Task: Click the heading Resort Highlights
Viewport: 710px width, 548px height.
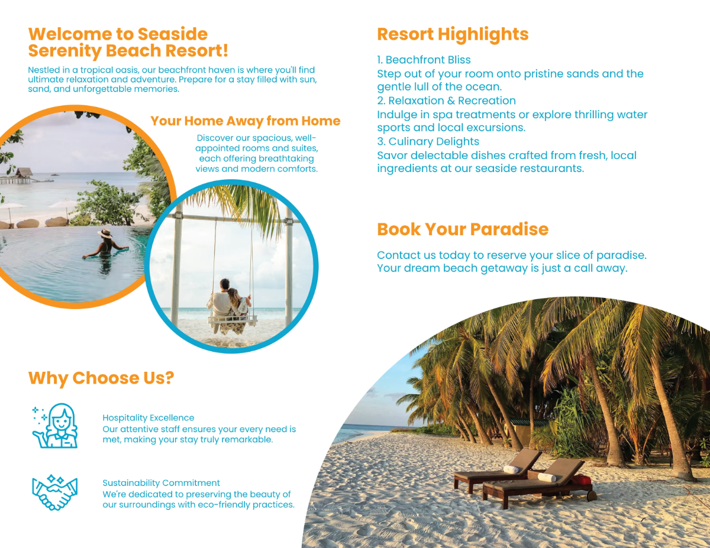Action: (453, 34)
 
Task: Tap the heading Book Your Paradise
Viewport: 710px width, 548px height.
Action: (463, 229)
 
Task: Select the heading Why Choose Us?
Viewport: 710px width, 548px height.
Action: (101, 378)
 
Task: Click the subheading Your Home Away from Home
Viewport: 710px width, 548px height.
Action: (246, 121)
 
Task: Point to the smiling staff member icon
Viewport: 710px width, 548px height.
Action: (55, 426)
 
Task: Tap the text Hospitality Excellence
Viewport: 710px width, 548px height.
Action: (149, 418)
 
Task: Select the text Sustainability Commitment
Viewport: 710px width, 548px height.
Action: (161, 483)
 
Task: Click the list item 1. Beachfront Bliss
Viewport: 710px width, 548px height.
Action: (424, 60)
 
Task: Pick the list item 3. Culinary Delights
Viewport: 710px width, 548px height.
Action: (428, 141)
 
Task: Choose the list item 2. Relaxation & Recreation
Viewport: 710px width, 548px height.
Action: (447, 100)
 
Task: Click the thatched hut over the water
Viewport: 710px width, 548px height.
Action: (24, 173)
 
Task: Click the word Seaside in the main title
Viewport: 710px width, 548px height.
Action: (173, 34)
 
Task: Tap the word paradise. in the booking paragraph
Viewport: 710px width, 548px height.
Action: (621, 255)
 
